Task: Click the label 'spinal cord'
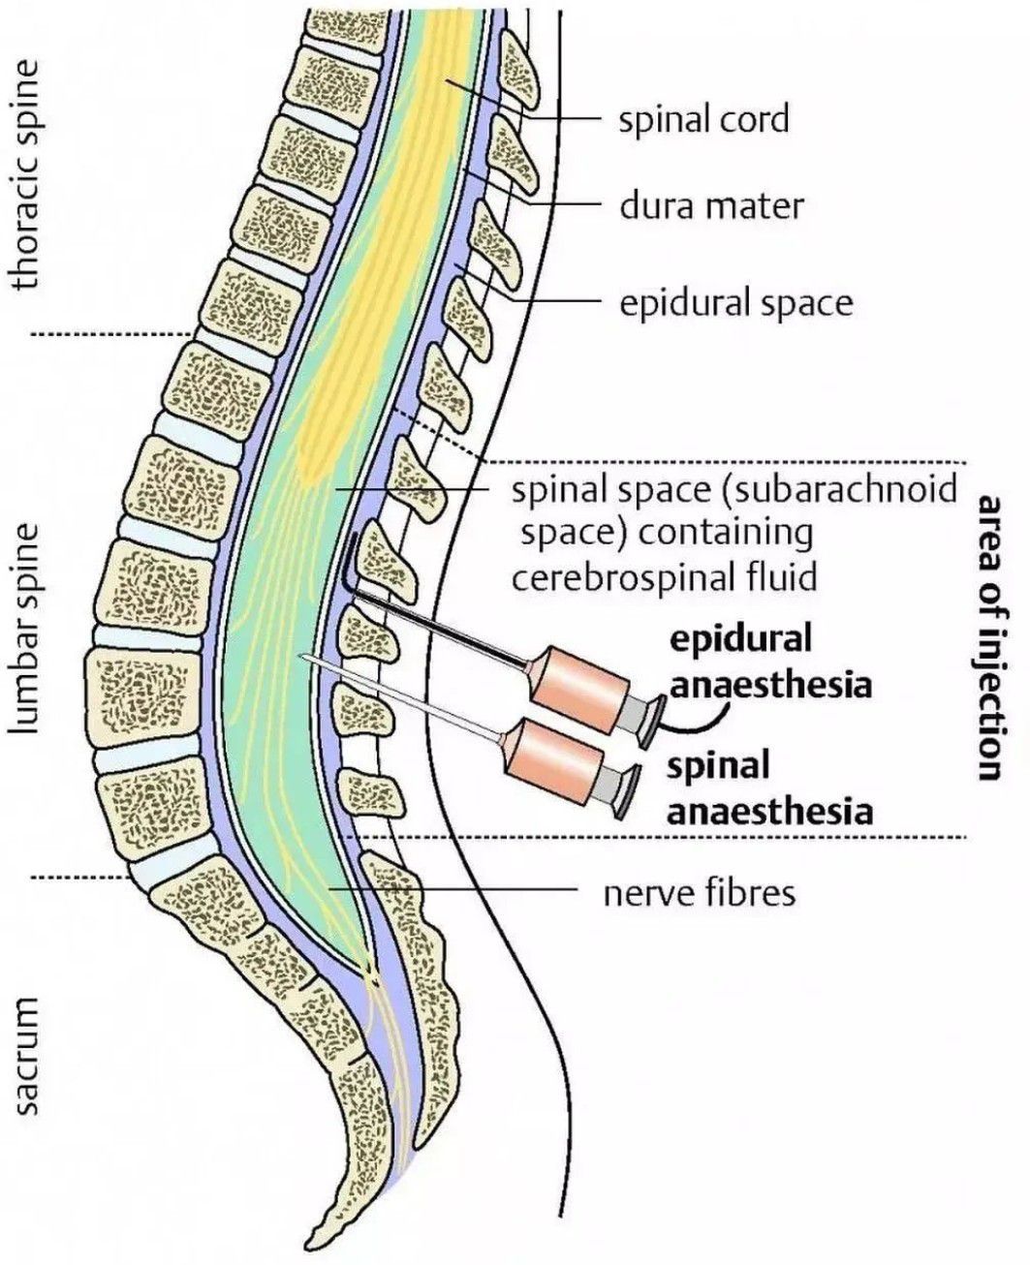(x=703, y=119)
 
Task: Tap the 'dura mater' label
(x=711, y=206)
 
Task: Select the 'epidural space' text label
(x=736, y=303)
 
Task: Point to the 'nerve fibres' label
(x=699, y=891)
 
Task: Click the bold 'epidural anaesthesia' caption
(x=769, y=663)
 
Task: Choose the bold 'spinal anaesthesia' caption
(x=769, y=787)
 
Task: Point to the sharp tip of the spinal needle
(x=303, y=656)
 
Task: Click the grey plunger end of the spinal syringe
(x=625, y=792)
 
